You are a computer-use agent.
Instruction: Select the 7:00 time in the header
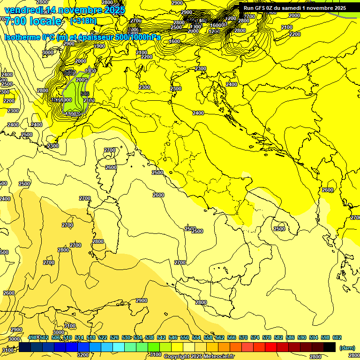[x=15, y=22]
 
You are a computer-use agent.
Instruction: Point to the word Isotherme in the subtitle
[x=22, y=37]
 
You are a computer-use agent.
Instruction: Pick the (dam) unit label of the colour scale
[x=347, y=348]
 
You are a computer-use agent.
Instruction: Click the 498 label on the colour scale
[x=32, y=337]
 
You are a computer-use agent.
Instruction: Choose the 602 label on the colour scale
[x=337, y=337]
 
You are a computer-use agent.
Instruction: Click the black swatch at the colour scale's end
[x=330, y=347]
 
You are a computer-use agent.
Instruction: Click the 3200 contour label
[x=83, y=355]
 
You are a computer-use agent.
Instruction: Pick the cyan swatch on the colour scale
[x=119, y=347]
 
